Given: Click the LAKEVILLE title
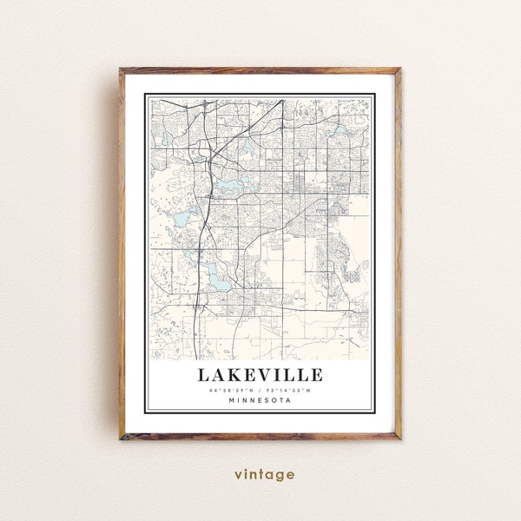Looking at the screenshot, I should (x=260, y=375).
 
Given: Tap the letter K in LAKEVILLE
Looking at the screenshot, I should (x=231, y=375).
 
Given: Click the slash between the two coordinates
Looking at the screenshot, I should (x=260, y=390).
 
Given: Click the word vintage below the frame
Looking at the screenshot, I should (x=264, y=474).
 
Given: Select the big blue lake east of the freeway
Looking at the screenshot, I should (x=231, y=186).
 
